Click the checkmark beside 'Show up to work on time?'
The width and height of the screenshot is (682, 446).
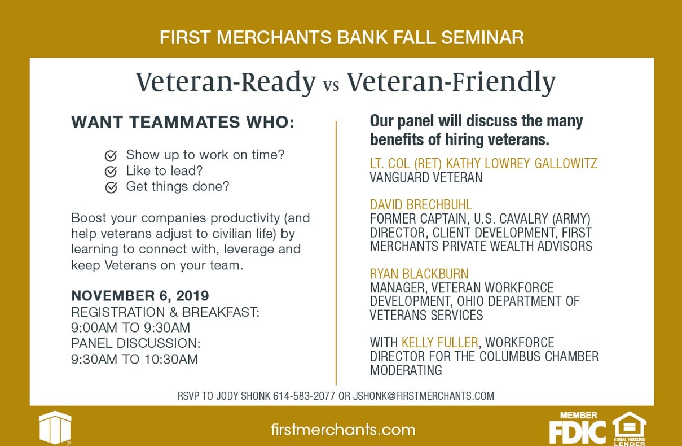[x=111, y=156]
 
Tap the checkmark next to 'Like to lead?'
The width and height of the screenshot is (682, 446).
[x=111, y=172]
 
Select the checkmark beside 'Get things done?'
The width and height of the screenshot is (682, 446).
[x=111, y=187]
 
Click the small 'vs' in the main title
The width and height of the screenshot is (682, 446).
[x=331, y=85]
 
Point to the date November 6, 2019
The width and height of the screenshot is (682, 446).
[x=140, y=295]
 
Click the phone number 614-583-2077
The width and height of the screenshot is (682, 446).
[x=304, y=396]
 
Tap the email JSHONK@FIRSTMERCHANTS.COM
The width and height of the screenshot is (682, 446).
[x=424, y=396]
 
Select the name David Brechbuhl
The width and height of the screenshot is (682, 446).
[x=421, y=205]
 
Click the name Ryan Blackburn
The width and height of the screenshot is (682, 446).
[x=419, y=274]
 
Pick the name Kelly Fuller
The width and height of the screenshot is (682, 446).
[x=440, y=343]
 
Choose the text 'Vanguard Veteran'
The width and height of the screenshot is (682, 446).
[x=426, y=177]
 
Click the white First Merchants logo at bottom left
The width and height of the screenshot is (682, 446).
[x=55, y=427]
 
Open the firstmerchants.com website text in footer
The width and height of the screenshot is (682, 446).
[x=343, y=430]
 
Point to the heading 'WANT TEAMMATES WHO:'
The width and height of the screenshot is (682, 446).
[x=183, y=122]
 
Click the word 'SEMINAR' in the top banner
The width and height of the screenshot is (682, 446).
[x=482, y=37]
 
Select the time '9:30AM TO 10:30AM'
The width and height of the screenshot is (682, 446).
[x=135, y=359]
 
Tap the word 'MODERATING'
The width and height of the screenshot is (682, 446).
[x=406, y=370]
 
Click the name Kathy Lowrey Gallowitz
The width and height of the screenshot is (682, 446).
[x=521, y=164]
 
